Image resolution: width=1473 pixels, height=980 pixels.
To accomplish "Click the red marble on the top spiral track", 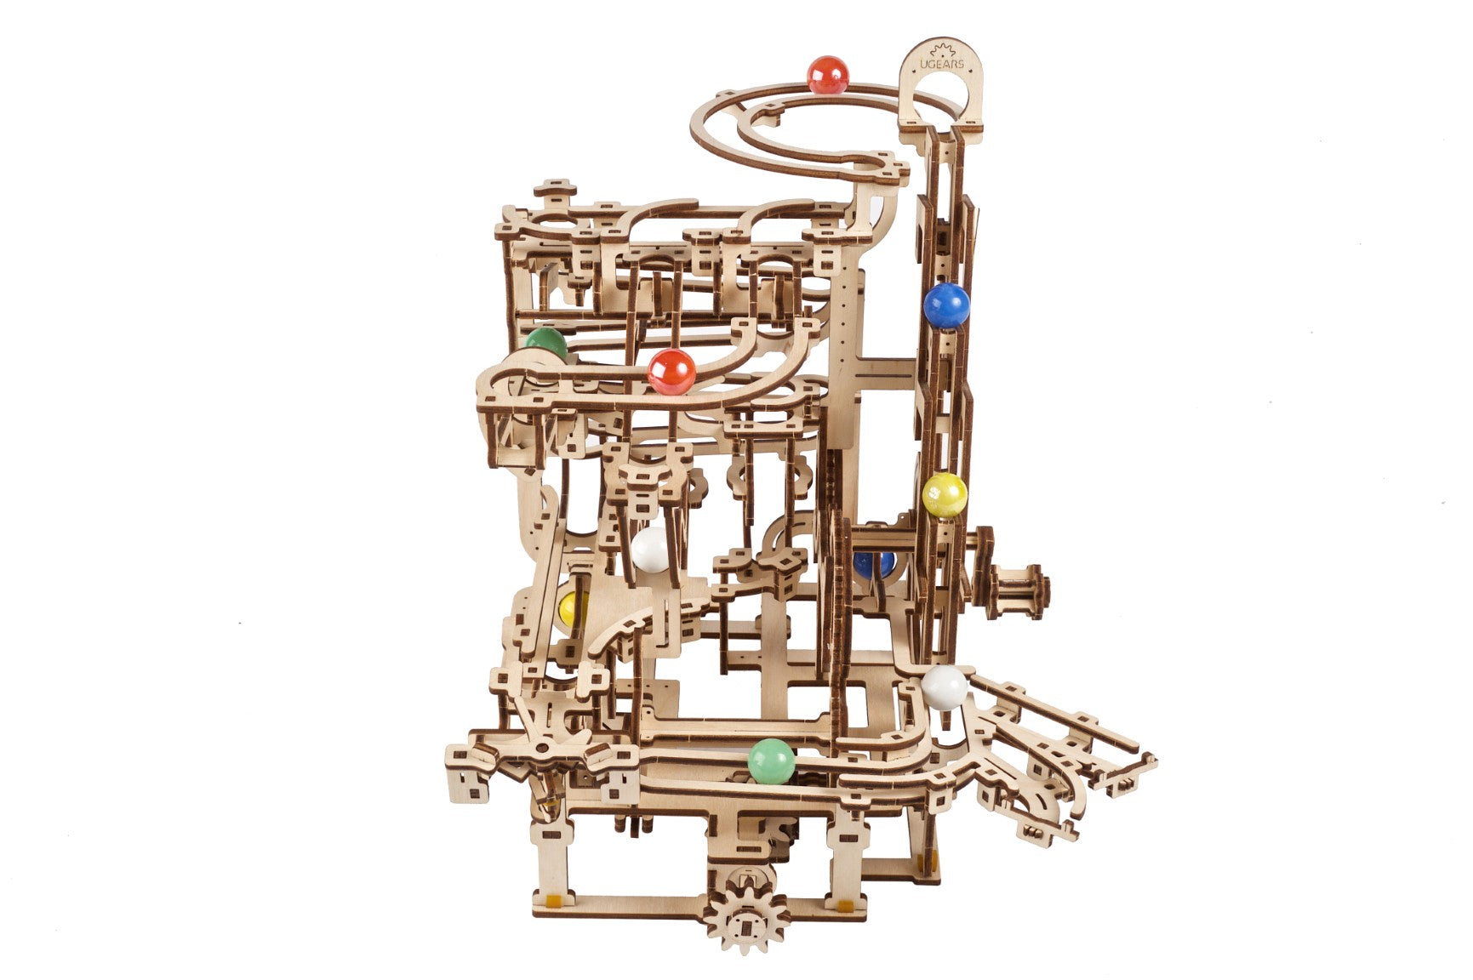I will (827, 75).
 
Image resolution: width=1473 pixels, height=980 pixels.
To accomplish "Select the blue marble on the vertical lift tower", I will (946, 305).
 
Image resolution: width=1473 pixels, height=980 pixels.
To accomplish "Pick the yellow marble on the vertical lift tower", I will (945, 495).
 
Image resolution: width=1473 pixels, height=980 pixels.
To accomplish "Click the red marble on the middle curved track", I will (671, 372).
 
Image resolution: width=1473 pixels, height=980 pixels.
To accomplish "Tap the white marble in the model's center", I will (652, 549).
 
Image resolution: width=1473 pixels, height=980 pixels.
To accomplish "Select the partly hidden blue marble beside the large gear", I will (874, 564).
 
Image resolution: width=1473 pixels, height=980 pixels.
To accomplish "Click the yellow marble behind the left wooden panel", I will (573, 608).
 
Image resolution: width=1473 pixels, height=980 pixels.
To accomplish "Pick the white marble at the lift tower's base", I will (944, 687).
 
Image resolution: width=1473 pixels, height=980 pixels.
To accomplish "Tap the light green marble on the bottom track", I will (771, 761).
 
